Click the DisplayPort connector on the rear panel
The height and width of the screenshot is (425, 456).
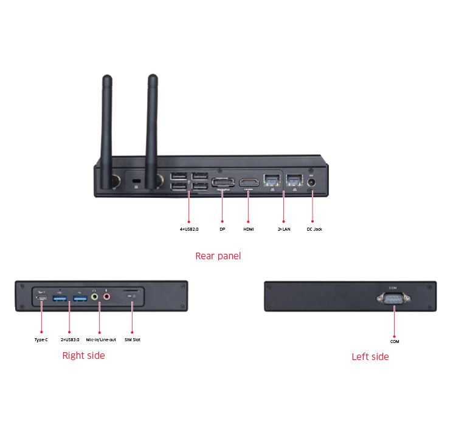click(223, 183)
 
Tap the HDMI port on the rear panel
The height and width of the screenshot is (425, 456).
click(248, 183)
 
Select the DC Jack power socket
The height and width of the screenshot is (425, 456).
click(313, 182)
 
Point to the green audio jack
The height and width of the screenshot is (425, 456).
click(94, 297)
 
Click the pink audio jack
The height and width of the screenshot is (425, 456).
click(107, 297)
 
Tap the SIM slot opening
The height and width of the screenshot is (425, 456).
click(133, 291)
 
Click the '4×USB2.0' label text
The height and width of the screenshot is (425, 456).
click(189, 229)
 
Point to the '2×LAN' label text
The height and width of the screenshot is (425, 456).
click(283, 229)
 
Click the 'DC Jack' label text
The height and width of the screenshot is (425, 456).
click(314, 229)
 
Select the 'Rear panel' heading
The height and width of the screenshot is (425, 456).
click(218, 256)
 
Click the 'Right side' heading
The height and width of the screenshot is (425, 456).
click(83, 355)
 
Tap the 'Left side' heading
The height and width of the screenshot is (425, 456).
click(370, 356)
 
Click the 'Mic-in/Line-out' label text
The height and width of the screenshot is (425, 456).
click(101, 339)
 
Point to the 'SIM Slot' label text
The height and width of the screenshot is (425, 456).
click(133, 339)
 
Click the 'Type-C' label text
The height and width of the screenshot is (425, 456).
click(41, 339)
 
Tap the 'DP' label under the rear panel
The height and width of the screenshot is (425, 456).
click(223, 229)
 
